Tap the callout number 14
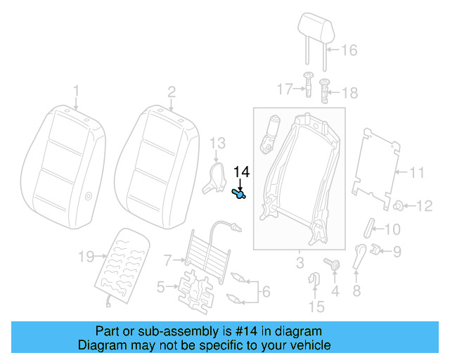(241, 172)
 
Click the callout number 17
(284, 89)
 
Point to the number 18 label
(349, 93)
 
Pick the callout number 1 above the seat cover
(77, 91)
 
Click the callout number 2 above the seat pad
(171, 91)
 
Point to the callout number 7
(167, 260)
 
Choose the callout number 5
(160, 286)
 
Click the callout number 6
(265, 291)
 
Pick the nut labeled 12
(399, 206)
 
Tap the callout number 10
(392, 229)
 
